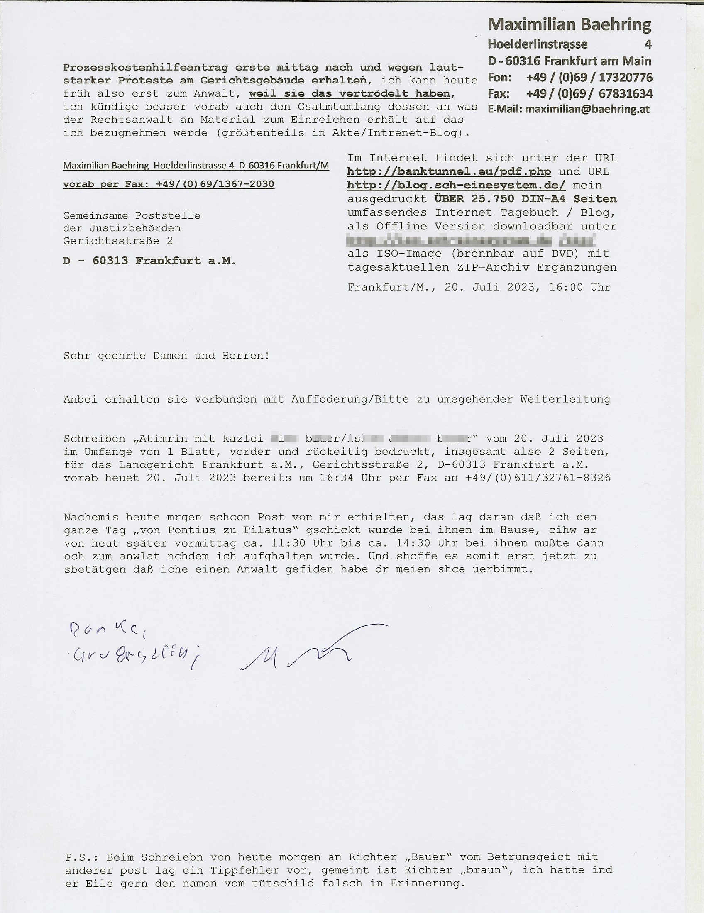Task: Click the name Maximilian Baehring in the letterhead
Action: pos(569,25)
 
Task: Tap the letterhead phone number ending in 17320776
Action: pos(589,78)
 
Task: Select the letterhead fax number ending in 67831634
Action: pos(589,94)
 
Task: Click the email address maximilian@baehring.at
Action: pos(587,110)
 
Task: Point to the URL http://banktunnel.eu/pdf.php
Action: pos(449,172)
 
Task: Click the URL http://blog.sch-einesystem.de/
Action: pos(456,185)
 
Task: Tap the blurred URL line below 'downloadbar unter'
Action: pos(471,240)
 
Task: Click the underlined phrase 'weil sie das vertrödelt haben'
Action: pos(350,94)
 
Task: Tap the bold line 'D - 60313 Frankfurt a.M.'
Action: pos(149,261)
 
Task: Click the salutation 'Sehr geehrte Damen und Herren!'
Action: pos(166,356)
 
